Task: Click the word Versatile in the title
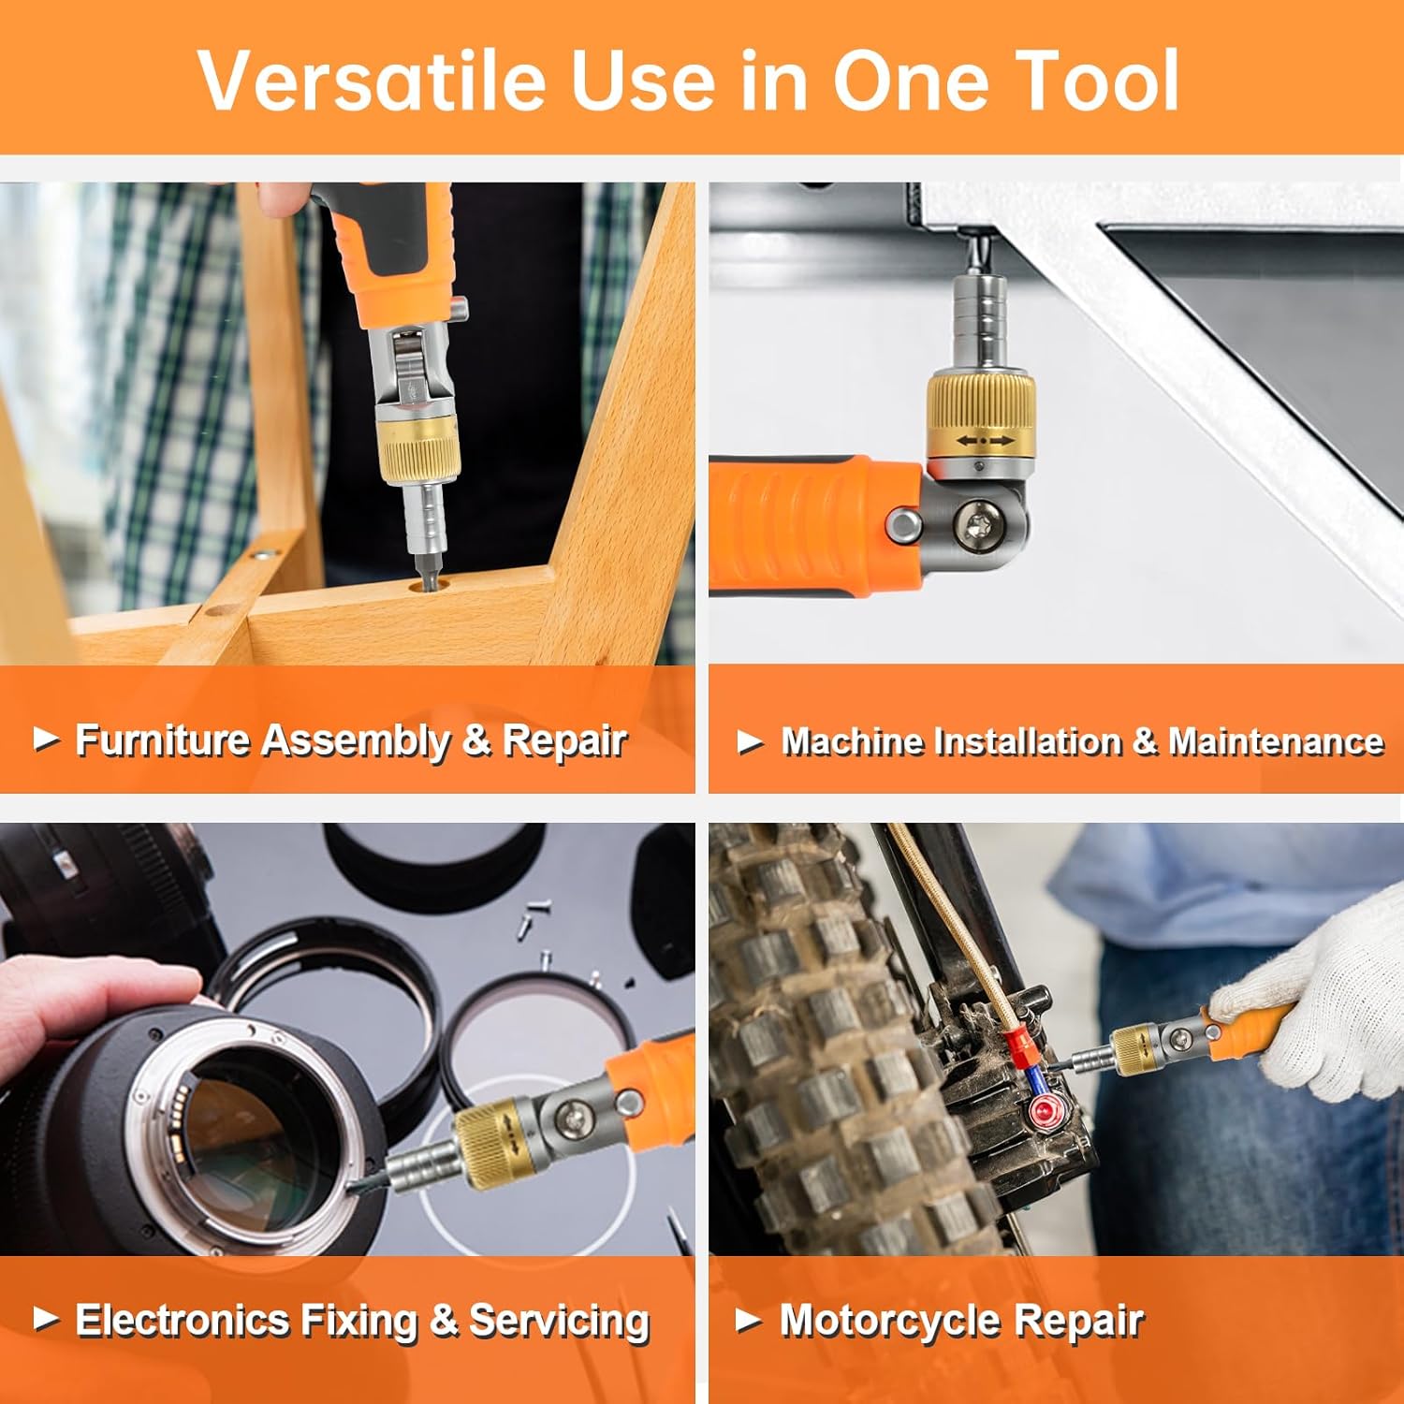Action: [371, 80]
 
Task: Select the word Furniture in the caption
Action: [160, 740]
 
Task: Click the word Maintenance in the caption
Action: [1275, 742]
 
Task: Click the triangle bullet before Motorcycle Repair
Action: [748, 1321]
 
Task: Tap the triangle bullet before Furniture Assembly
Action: [46, 739]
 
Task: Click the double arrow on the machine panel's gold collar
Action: [985, 440]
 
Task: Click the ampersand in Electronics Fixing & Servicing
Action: [443, 1320]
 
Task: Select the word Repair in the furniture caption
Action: [564, 740]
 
